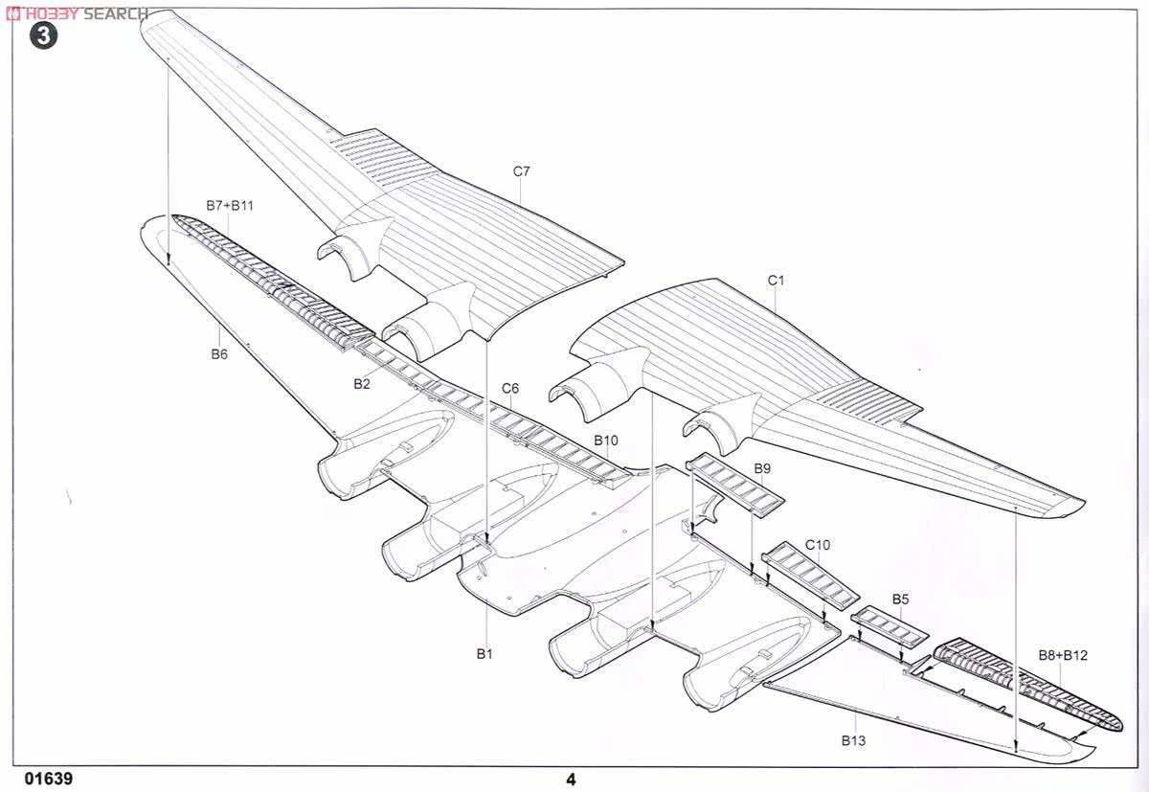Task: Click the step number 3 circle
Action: pyautogui.click(x=43, y=35)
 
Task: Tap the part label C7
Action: pyautogui.click(x=521, y=171)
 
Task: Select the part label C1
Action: pyautogui.click(x=776, y=281)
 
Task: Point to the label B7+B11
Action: pyautogui.click(x=230, y=206)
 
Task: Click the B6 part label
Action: pyautogui.click(x=219, y=354)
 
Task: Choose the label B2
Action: pyautogui.click(x=362, y=384)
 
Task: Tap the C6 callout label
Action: pyautogui.click(x=509, y=388)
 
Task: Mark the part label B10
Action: pyautogui.click(x=606, y=441)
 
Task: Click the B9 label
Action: pyautogui.click(x=762, y=468)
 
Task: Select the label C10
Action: pyautogui.click(x=818, y=545)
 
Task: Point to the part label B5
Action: pyautogui.click(x=901, y=600)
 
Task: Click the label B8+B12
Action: pyautogui.click(x=1063, y=655)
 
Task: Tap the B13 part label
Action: pyautogui.click(x=853, y=740)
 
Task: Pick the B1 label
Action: pyautogui.click(x=484, y=653)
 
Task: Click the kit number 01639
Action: pyautogui.click(x=49, y=779)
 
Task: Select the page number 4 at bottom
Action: pyautogui.click(x=571, y=780)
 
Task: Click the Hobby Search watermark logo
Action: pyautogui.click(x=77, y=13)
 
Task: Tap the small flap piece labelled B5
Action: pyautogui.click(x=890, y=625)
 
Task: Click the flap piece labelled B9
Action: pyautogui.click(x=735, y=485)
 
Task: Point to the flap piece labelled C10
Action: pyautogui.click(x=810, y=575)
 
